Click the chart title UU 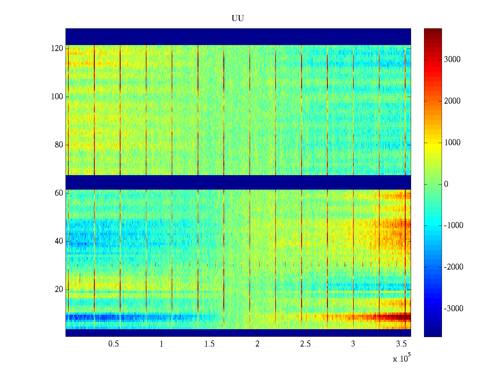(x=238, y=19)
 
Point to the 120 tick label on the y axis (x=57, y=49)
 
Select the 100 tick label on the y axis (x=57, y=97)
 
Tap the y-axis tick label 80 (x=59, y=145)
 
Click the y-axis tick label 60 (x=59, y=193)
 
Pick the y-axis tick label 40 (x=59, y=241)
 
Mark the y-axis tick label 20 (x=59, y=289)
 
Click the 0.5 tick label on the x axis (x=113, y=344)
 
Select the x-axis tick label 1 (x=161, y=344)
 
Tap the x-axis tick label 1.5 (x=209, y=344)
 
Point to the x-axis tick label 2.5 (x=305, y=344)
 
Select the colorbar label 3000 (x=452, y=60)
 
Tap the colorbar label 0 (x=446, y=184)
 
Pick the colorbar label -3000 (x=454, y=309)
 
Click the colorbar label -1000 (x=454, y=226)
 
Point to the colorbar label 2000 (x=452, y=101)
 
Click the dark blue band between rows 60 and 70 (x=238, y=182)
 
